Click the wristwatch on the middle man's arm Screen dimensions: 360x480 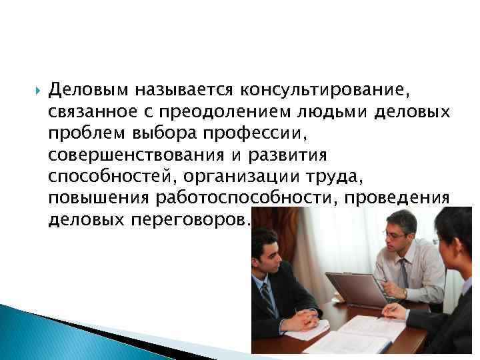point(405,293)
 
